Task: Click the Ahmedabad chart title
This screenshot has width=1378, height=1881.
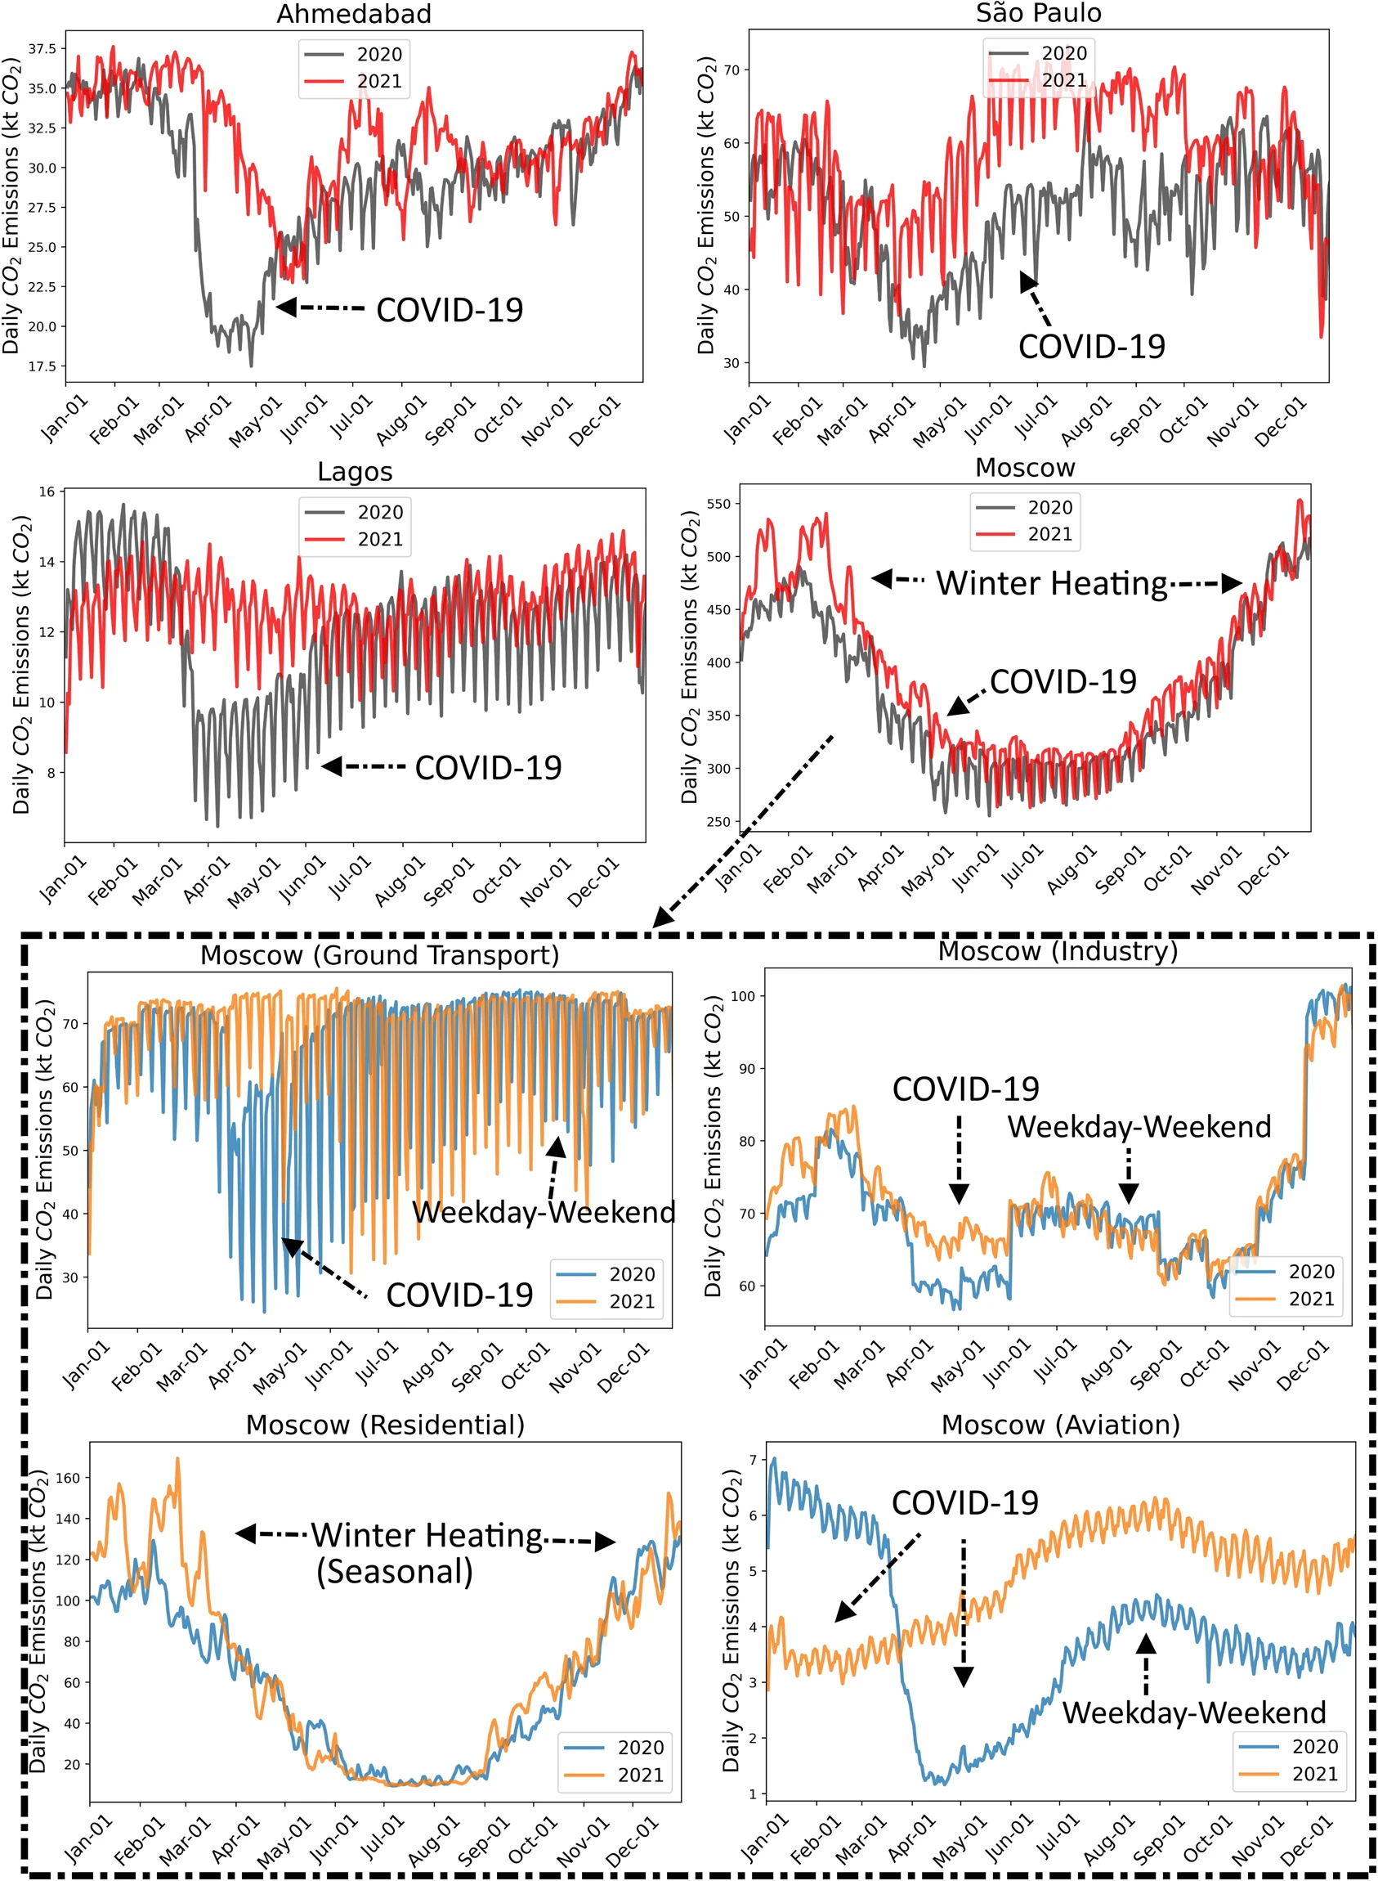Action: coord(354,13)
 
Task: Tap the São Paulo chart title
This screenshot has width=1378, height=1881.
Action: coord(1039,12)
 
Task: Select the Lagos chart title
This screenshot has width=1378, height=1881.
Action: coord(355,472)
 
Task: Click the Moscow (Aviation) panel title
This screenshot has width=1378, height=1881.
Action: coord(1060,1425)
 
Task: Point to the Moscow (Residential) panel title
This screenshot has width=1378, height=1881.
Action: coord(386,1425)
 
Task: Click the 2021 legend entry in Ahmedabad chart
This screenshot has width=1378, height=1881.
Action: coord(354,81)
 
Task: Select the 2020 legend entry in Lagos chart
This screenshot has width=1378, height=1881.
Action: coord(355,512)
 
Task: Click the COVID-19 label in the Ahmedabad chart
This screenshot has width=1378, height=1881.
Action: coord(450,310)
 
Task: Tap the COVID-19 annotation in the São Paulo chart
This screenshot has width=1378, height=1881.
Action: coord(1091,346)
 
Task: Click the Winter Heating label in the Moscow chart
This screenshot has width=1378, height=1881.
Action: coord(1052,583)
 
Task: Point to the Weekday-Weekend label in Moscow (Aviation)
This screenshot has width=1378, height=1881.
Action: coord(1193,1713)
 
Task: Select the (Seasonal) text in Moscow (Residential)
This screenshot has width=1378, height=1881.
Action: coord(395,1571)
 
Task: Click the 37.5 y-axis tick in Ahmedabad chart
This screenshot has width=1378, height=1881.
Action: coord(43,49)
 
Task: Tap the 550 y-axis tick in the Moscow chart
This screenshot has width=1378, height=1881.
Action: coord(718,504)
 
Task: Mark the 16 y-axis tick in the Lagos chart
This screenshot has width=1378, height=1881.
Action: coord(47,492)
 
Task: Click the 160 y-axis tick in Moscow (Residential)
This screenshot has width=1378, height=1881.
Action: coord(68,1478)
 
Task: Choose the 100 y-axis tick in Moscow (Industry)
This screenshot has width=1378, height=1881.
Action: coord(743,996)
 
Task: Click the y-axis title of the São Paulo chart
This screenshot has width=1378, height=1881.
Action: coord(705,205)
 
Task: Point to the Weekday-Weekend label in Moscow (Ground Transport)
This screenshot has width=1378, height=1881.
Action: coord(544,1212)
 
